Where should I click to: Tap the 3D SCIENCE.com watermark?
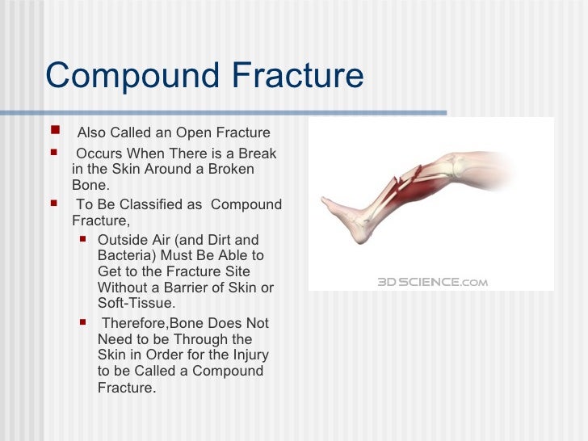pyautogui.click(x=433, y=282)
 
